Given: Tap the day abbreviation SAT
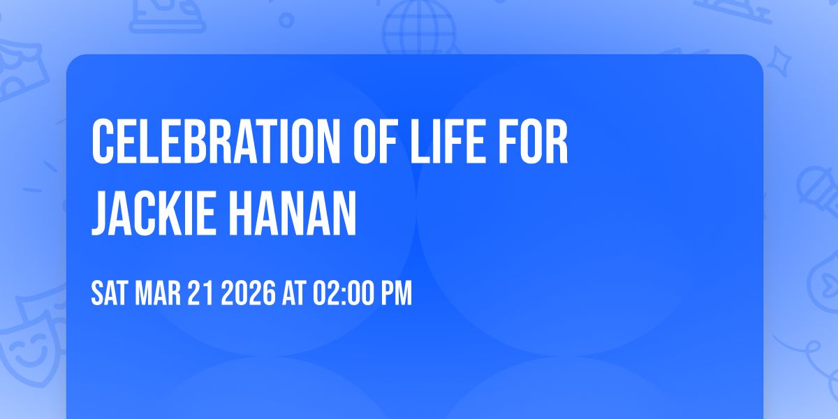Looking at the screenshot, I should coord(108,294).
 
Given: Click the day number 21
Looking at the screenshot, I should coord(200,294).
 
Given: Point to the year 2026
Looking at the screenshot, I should coord(248,294).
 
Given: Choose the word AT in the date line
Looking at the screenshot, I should coord(294,294).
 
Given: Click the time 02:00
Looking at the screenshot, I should coord(343,294).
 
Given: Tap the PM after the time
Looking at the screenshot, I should coord(396,294).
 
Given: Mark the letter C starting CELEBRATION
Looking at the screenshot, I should coord(102,142).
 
